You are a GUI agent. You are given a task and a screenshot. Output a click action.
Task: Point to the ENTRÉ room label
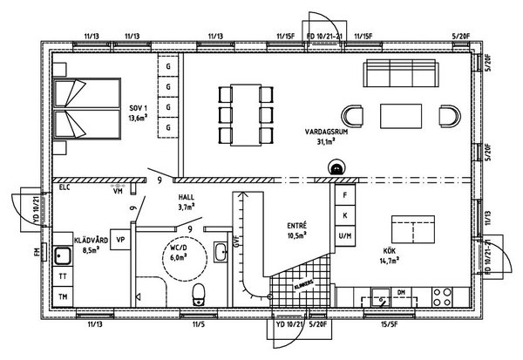tap(296, 230)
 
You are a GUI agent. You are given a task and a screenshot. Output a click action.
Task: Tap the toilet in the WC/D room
tap(199, 292)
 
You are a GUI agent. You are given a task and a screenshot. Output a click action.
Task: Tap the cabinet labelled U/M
tap(346, 235)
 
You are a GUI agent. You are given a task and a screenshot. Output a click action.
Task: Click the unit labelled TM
tap(62, 296)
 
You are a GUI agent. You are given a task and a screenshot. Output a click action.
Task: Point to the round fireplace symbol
tap(335, 167)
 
